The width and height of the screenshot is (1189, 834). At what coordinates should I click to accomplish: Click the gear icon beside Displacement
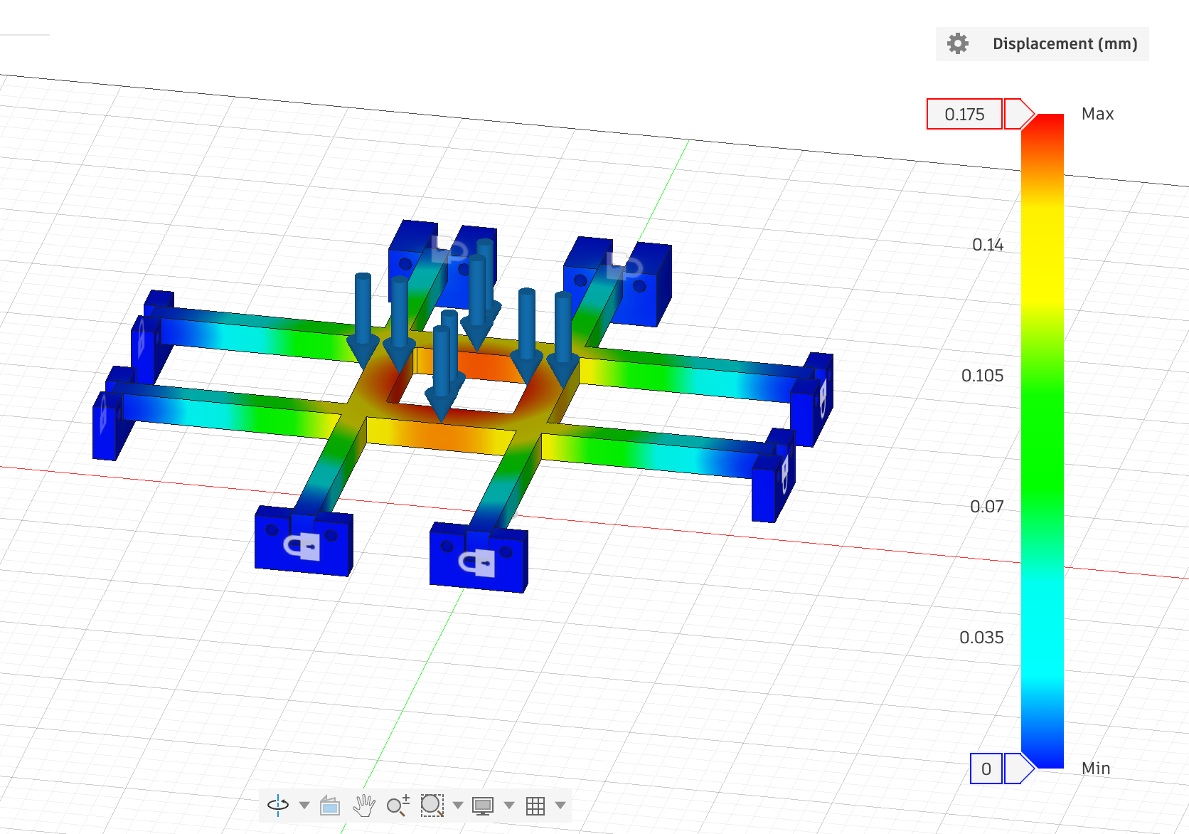pyautogui.click(x=958, y=43)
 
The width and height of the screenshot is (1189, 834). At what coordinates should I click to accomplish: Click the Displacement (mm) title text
pyautogui.click(x=1065, y=43)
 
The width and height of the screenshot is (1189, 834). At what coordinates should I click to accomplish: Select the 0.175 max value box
pyautogui.click(x=964, y=114)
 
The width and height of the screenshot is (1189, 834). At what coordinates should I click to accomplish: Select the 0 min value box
pyautogui.click(x=986, y=769)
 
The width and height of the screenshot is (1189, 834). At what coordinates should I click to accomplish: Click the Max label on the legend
pyautogui.click(x=1097, y=114)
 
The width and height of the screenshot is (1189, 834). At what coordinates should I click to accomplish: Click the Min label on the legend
pyautogui.click(x=1095, y=769)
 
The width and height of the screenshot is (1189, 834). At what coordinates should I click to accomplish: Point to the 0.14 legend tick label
pyautogui.click(x=988, y=245)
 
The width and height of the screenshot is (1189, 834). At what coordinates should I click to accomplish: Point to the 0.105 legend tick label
pyautogui.click(x=982, y=376)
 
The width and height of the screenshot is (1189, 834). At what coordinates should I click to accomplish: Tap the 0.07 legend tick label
pyautogui.click(x=986, y=507)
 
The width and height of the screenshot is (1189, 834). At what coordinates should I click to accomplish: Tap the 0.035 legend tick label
pyautogui.click(x=981, y=638)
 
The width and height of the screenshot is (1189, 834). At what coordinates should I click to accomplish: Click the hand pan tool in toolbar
pyautogui.click(x=364, y=806)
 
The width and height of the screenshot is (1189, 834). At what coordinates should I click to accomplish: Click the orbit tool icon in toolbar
pyautogui.click(x=278, y=805)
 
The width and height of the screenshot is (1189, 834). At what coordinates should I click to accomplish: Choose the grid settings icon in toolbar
pyautogui.click(x=535, y=806)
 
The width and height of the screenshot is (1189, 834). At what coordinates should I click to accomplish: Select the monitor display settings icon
pyautogui.click(x=483, y=806)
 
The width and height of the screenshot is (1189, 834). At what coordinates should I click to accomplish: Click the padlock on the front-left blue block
pyautogui.click(x=304, y=547)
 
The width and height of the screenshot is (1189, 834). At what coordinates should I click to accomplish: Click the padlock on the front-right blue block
pyautogui.click(x=478, y=563)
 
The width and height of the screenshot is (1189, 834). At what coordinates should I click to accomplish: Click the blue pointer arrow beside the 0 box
pyautogui.click(x=1018, y=769)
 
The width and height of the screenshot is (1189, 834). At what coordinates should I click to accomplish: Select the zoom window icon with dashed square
pyautogui.click(x=432, y=805)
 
